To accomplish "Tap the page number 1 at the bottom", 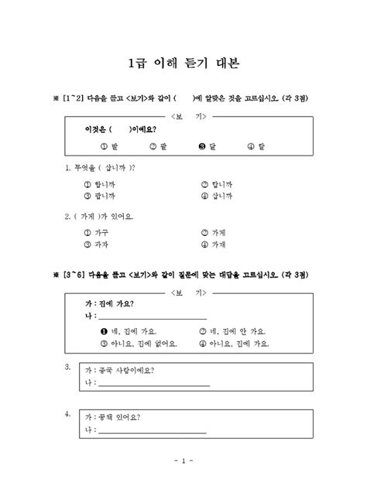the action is click(x=183, y=462).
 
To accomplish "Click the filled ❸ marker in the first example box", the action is click(x=202, y=146).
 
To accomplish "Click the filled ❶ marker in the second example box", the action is click(x=103, y=330).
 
